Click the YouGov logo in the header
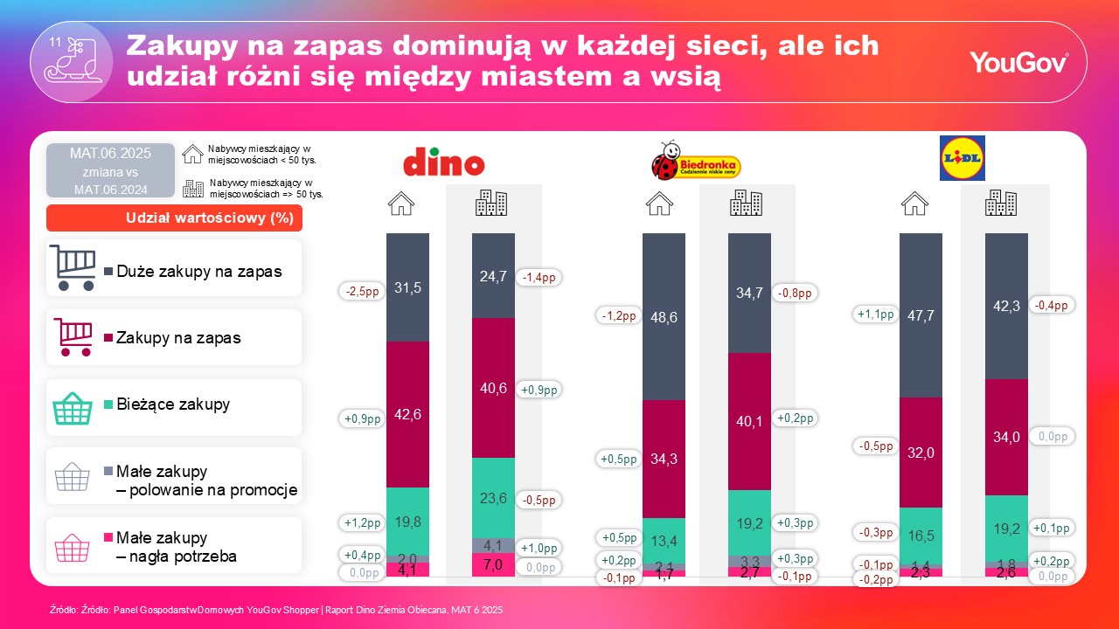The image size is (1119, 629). (1018, 63)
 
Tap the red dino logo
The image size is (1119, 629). (443, 163)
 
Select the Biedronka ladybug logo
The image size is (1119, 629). (696, 161)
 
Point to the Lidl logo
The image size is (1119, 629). (962, 158)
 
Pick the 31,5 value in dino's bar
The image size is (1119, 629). (407, 288)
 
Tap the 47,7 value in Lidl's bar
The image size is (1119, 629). (921, 314)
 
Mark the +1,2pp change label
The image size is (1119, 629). (361, 522)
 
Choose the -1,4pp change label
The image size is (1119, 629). (539, 277)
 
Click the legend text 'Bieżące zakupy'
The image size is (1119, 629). (173, 404)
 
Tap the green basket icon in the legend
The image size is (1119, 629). (73, 408)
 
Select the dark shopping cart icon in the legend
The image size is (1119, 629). (73, 267)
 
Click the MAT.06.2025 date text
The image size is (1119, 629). (110, 154)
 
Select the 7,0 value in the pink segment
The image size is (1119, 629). (493, 565)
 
